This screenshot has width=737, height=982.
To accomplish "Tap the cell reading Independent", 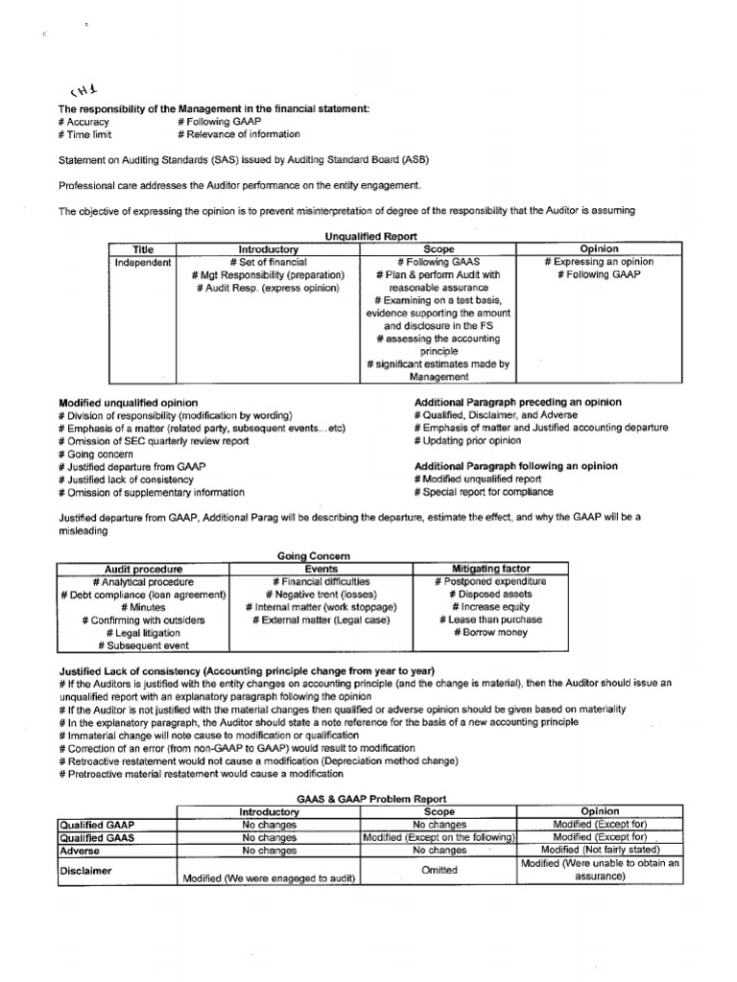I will (x=143, y=262).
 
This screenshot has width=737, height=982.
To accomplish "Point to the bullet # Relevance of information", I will (x=239, y=135).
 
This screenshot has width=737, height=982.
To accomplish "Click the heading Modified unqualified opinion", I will (x=129, y=402).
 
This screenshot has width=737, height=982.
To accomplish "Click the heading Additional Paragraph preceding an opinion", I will (x=517, y=402).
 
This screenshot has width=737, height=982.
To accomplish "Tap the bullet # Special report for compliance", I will (x=484, y=492).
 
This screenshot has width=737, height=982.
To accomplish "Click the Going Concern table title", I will (x=314, y=555).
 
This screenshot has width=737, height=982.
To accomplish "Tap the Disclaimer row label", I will (x=88, y=871).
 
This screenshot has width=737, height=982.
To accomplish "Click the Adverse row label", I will (x=81, y=850).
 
